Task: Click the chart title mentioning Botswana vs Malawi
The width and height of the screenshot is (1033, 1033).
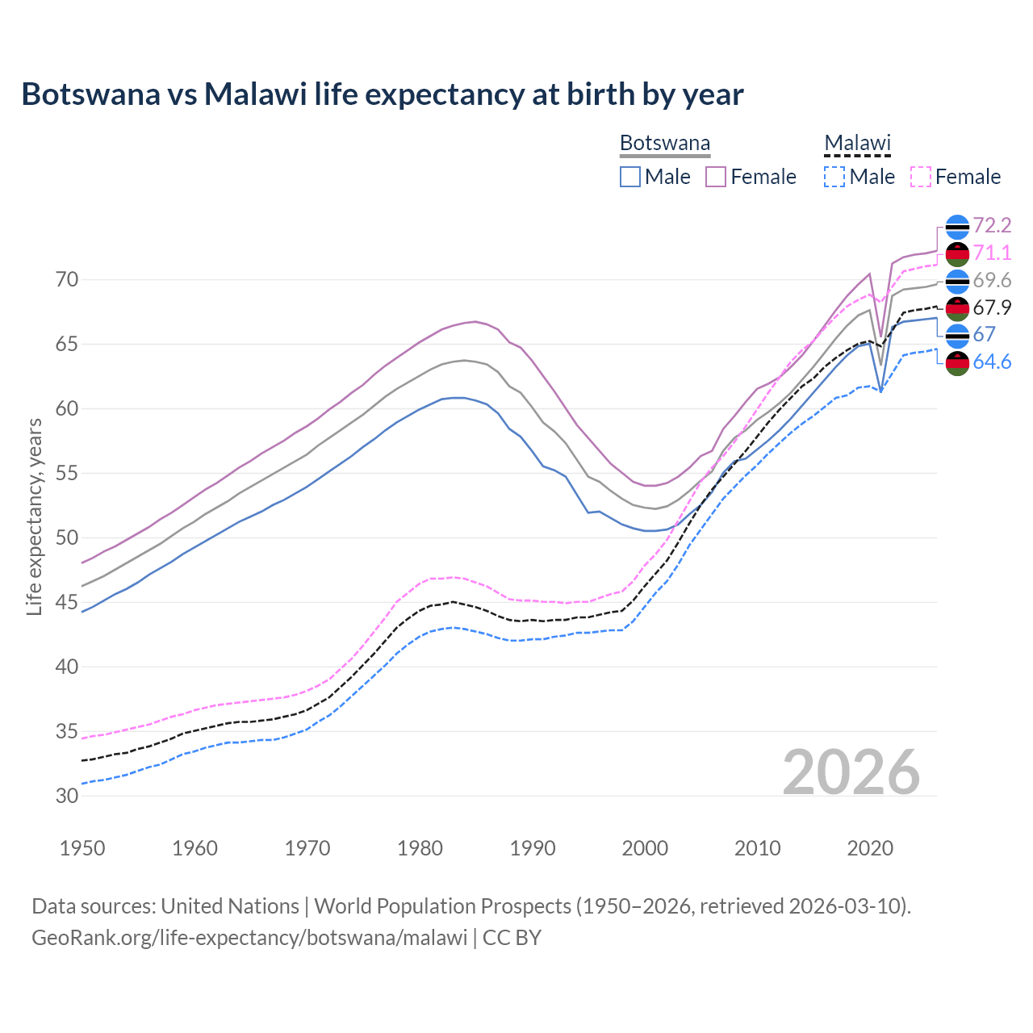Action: coord(382,94)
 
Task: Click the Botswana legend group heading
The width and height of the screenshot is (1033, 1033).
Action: coord(664,144)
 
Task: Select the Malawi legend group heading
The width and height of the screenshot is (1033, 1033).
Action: coord(856,144)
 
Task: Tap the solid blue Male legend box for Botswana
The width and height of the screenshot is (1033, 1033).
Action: coord(630,177)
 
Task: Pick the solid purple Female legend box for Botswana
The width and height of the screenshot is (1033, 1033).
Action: coord(716,177)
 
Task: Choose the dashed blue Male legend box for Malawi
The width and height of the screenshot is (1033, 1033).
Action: coord(834,177)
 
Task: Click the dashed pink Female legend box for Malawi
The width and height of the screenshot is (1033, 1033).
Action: coord(921,177)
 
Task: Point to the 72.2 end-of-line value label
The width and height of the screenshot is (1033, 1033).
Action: coord(992,225)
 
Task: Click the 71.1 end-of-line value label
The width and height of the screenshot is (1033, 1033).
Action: coord(992,253)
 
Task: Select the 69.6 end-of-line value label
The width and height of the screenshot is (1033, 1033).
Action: coord(992,280)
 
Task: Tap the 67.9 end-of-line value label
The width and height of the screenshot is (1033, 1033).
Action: coord(992,307)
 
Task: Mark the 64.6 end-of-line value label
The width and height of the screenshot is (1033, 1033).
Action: coord(992,362)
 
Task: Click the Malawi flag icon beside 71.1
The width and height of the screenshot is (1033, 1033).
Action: coord(957,253)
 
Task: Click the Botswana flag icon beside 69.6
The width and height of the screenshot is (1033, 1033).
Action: coord(957,281)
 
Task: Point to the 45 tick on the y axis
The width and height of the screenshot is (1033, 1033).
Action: coord(67,602)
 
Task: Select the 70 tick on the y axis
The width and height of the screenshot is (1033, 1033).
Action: coord(67,280)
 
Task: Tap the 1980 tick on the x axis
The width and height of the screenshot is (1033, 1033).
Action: coord(420,848)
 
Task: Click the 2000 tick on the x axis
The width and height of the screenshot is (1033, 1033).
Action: coord(645,848)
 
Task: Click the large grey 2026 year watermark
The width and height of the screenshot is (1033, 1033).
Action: coord(851,772)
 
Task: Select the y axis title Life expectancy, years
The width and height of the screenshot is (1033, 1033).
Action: coord(34,516)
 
